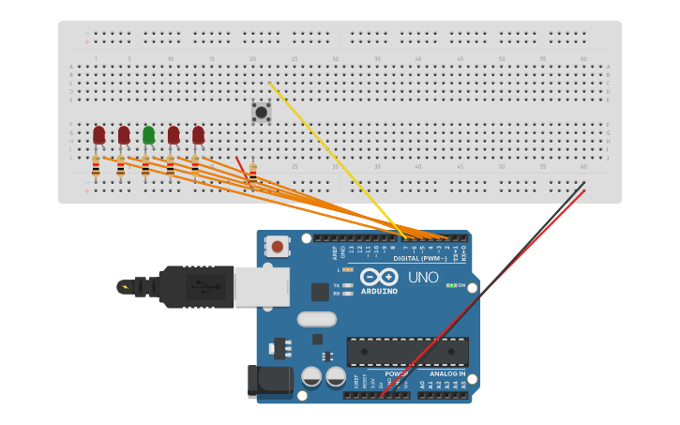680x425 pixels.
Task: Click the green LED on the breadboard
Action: (x=148, y=135)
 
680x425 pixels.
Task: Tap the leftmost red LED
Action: (x=98, y=135)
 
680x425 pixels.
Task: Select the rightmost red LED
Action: (x=198, y=135)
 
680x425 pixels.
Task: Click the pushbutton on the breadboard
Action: (x=261, y=112)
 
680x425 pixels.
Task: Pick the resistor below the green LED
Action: (x=145, y=168)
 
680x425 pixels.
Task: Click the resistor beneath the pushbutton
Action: (x=252, y=173)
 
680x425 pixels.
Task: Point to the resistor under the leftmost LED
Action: (x=96, y=168)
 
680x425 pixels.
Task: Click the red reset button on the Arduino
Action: (x=277, y=247)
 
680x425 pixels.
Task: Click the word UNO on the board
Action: (x=422, y=278)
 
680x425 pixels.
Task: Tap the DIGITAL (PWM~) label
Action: (x=419, y=258)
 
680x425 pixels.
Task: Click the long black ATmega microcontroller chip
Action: (x=407, y=352)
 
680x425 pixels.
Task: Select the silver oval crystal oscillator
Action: (x=317, y=319)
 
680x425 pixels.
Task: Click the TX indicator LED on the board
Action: (x=348, y=285)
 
